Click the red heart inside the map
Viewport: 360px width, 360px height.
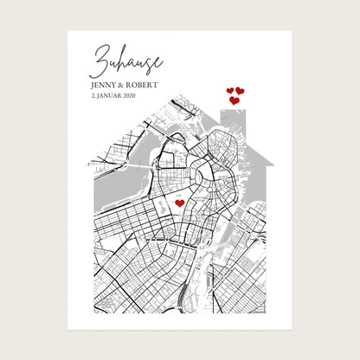(179, 203)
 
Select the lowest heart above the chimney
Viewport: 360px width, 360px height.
(235, 100)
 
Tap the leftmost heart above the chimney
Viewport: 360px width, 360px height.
(230, 90)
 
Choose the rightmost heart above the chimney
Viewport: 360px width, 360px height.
(240, 90)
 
